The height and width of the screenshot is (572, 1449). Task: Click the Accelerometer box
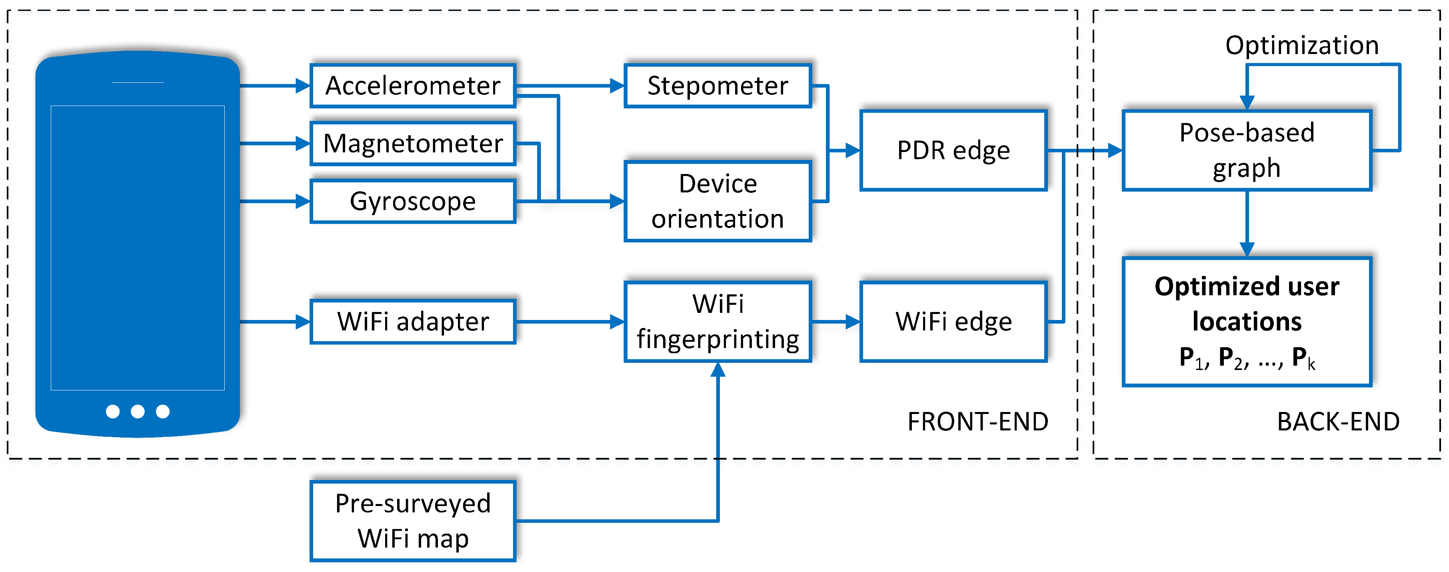click(413, 86)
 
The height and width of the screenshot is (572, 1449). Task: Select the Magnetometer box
click(413, 144)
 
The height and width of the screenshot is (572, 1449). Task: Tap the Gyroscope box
click(413, 201)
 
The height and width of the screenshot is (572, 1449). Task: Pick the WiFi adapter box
click(413, 322)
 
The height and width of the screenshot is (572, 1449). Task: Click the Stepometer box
click(718, 86)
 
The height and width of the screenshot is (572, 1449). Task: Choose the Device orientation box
click(718, 201)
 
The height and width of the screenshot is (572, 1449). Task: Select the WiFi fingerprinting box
click(718, 322)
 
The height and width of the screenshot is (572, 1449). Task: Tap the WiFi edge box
click(953, 322)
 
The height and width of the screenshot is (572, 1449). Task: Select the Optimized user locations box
click(1247, 322)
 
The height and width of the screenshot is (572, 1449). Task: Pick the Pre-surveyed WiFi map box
click(413, 521)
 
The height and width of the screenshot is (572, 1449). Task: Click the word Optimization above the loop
click(1302, 45)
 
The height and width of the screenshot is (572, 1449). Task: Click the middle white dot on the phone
click(138, 412)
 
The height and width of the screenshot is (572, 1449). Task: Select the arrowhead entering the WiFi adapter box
click(303, 322)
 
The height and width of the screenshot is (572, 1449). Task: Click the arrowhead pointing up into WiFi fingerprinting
click(718, 370)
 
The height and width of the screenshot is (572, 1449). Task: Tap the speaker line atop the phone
click(138, 83)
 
